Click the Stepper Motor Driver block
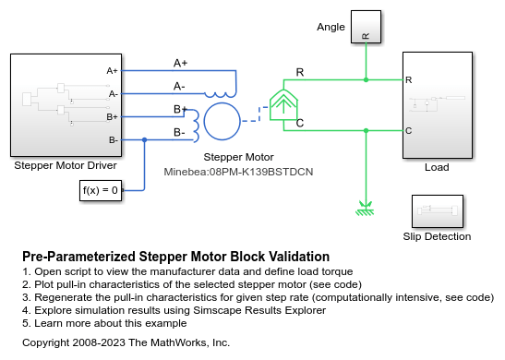click(x=65, y=104)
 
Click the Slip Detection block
click(x=437, y=211)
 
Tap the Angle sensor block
click(x=367, y=27)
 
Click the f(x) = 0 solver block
click(x=100, y=191)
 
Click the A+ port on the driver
click(x=112, y=70)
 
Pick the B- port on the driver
click(x=112, y=140)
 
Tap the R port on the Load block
click(x=409, y=80)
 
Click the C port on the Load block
click(x=409, y=131)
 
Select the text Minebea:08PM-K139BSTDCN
click(x=227, y=172)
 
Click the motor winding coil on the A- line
click(x=221, y=92)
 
